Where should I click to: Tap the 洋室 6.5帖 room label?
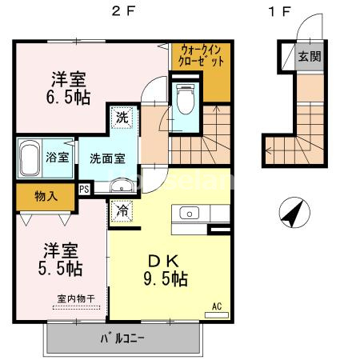click(70, 89)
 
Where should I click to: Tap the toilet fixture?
click(186, 99)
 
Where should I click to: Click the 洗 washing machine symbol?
click(122, 118)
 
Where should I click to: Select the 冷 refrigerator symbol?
click(122, 212)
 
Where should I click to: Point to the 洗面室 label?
click(107, 158)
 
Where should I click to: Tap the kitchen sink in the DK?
click(190, 214)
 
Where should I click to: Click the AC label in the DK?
click(217, 305)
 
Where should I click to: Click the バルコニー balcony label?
click(123, 338)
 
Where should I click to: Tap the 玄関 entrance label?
click(308, 57)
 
